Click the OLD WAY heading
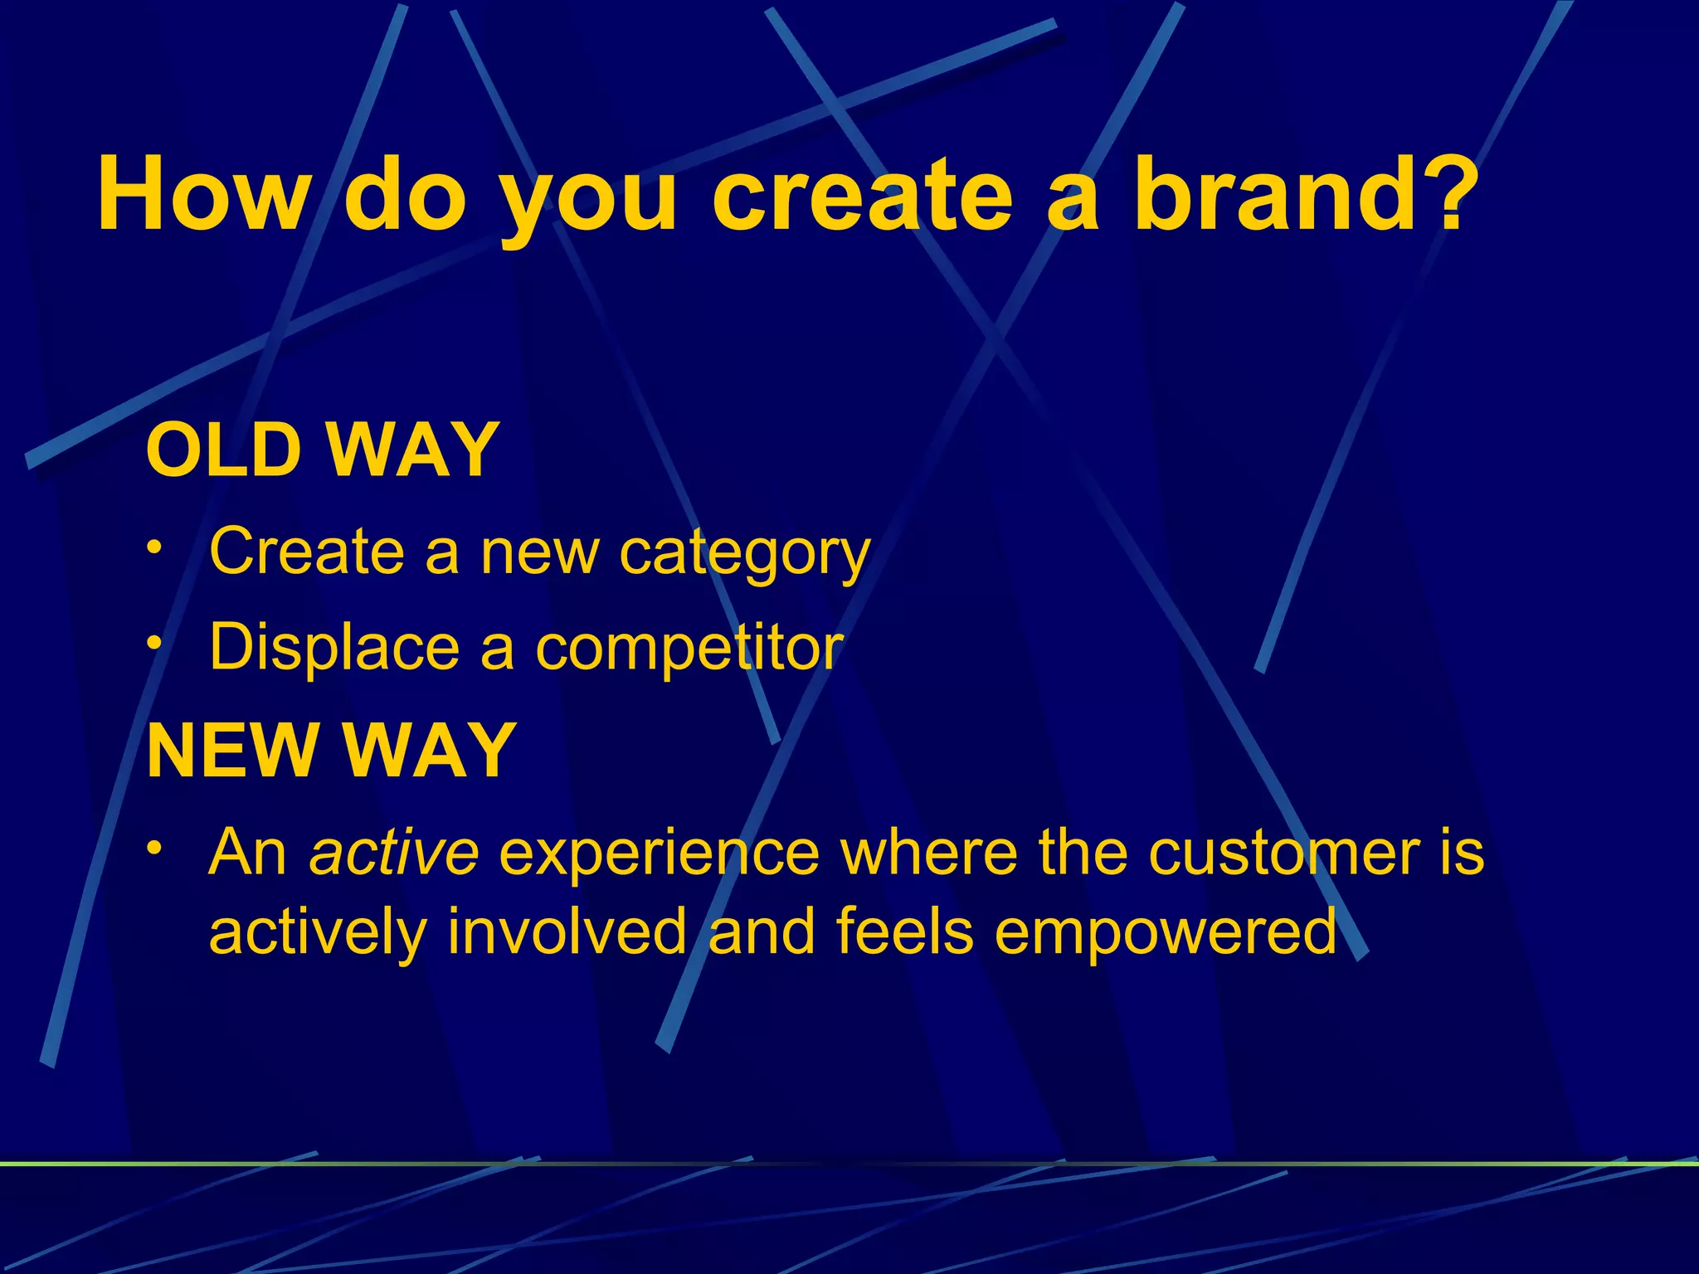(322, 450)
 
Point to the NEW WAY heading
(331, 751)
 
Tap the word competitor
(689, 648)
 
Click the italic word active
(393, 852)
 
